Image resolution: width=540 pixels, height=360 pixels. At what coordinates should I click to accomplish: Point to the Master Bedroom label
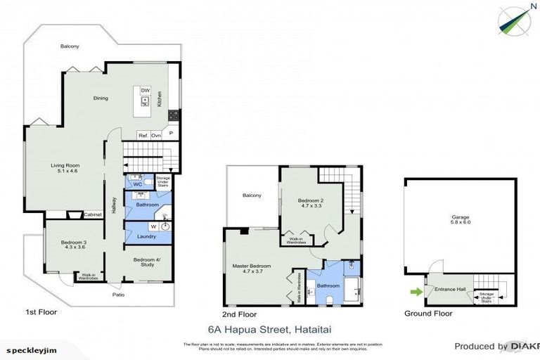coord(252,268)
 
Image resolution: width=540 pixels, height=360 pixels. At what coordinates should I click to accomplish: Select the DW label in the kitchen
coord(145,91)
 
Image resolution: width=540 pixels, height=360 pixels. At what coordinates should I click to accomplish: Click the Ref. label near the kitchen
coord(142,135)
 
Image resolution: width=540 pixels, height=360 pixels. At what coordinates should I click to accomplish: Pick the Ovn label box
coord(155,135)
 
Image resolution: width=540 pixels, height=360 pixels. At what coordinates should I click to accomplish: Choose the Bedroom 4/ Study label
coord(148,263)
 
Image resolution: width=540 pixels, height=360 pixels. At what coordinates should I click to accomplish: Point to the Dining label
coord(101,98)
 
